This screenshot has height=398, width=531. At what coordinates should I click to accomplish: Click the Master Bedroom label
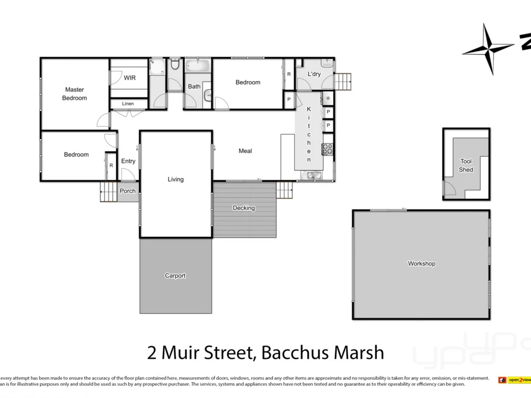[x=74, y=94]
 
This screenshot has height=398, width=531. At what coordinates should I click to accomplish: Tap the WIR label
[x=130, y=78]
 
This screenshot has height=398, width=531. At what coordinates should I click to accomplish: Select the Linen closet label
[x=128, y=104]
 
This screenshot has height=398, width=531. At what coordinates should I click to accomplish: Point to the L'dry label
[x=314, y=74]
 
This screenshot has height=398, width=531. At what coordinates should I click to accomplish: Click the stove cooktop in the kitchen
[x=328, y=149]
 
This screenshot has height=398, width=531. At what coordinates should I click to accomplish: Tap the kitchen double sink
[x=311, y=175]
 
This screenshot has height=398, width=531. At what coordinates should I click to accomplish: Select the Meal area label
[x=245, y=151]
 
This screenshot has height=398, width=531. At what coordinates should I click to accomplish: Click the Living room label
[x=176, y=179]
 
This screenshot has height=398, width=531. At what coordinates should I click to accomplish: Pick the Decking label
[x=244, y=208]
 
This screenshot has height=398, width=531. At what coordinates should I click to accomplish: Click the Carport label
[x=175, y=276]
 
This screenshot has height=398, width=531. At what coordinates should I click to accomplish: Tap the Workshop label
[x=422, y=264]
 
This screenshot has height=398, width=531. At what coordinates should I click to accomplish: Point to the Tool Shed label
[x=466, y=166]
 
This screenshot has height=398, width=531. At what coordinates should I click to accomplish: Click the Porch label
[x=127, y=191]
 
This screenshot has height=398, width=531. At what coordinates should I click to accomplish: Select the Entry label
[x=128, y=161]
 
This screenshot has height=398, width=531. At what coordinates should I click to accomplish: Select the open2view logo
[x=514, y=380]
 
